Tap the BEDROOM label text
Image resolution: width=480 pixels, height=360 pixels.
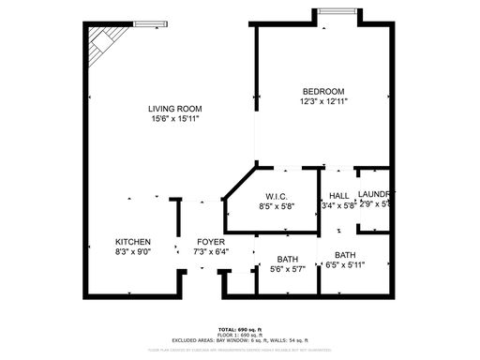(323, 90)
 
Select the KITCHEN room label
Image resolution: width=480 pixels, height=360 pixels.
(132, 242)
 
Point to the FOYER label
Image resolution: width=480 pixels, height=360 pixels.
(210, 242)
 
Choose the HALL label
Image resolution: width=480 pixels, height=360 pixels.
(338, 195)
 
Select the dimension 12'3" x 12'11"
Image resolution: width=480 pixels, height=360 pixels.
(323, 100)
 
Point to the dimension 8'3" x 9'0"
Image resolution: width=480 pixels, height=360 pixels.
(132, 252)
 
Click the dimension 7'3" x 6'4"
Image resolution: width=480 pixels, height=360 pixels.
(210, 252)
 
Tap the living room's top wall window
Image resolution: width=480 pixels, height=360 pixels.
(147, 23)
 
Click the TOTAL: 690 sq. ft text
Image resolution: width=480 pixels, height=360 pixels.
(239, 329)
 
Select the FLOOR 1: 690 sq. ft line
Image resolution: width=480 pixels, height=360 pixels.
(239, 335)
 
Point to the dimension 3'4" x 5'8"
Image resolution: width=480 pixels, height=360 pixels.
(338, 205)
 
